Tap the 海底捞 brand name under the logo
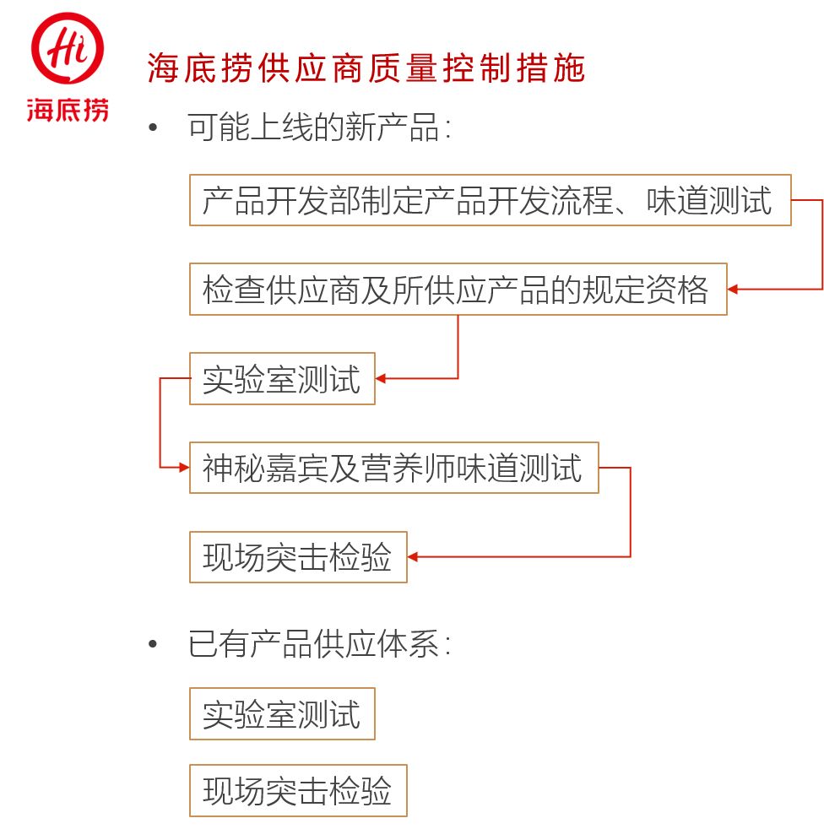(68, 110)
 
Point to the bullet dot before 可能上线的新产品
(153, 129)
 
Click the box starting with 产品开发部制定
(490, 200)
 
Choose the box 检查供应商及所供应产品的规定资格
(458, 290)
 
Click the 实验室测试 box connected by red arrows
(282, 379)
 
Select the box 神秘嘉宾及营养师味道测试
(393, 468)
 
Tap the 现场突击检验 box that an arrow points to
(298, 557)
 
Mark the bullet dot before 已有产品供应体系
(153, 646)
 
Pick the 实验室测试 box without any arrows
(282, 714)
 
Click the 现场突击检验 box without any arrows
(298, 791)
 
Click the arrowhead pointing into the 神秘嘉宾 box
(183, 468)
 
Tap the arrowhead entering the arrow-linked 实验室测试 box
(382, 379)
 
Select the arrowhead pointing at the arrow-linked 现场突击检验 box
(414, 557)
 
